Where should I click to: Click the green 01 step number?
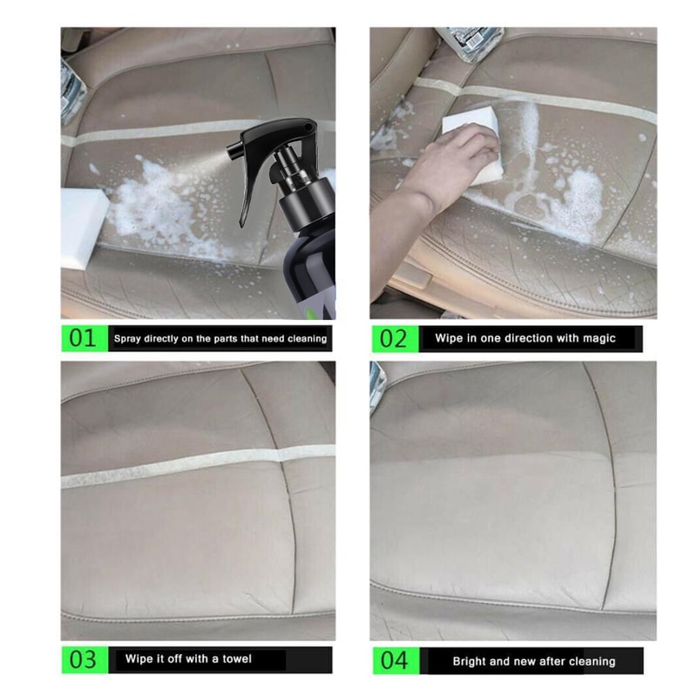pos(83,338)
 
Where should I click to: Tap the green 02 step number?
pos(394,338)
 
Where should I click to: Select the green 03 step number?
pos(83,660)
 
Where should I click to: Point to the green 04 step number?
pos(394,660)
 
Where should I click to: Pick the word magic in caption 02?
pos(597,338)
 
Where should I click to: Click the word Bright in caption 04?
pos(470,661)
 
